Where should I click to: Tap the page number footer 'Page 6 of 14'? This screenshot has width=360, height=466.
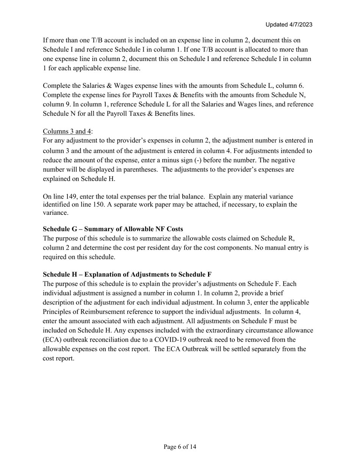[180, 447]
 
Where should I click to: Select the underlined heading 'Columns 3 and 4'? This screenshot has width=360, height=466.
[67, 131]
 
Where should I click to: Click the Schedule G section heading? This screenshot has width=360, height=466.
[113, 229]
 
